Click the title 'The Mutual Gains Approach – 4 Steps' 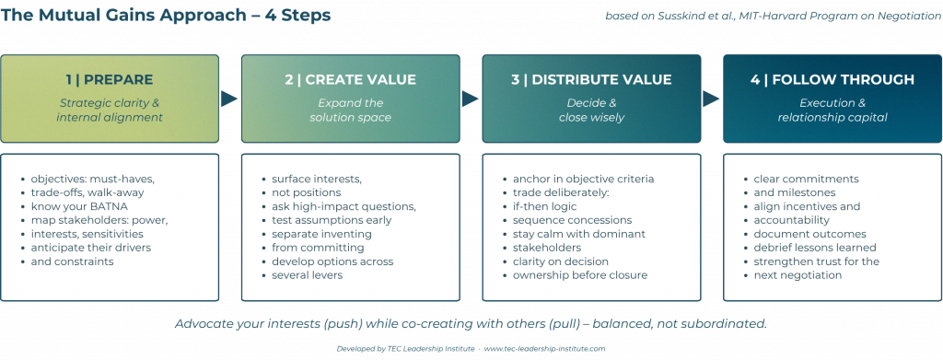click(166, 15)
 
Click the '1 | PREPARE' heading click(110, 80)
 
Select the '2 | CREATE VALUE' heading click(351, 80)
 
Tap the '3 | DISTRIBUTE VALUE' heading click(591, 80)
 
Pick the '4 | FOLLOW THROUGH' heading click(832, 80)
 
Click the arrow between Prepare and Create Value click(229, 99)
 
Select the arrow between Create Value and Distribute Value click(471, 99)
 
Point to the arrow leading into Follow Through click(712, 99)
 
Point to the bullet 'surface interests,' click(311, 180)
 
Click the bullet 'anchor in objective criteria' click(578, 180)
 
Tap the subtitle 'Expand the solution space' click(351, 110)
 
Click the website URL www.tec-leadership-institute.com click(544, 349)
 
